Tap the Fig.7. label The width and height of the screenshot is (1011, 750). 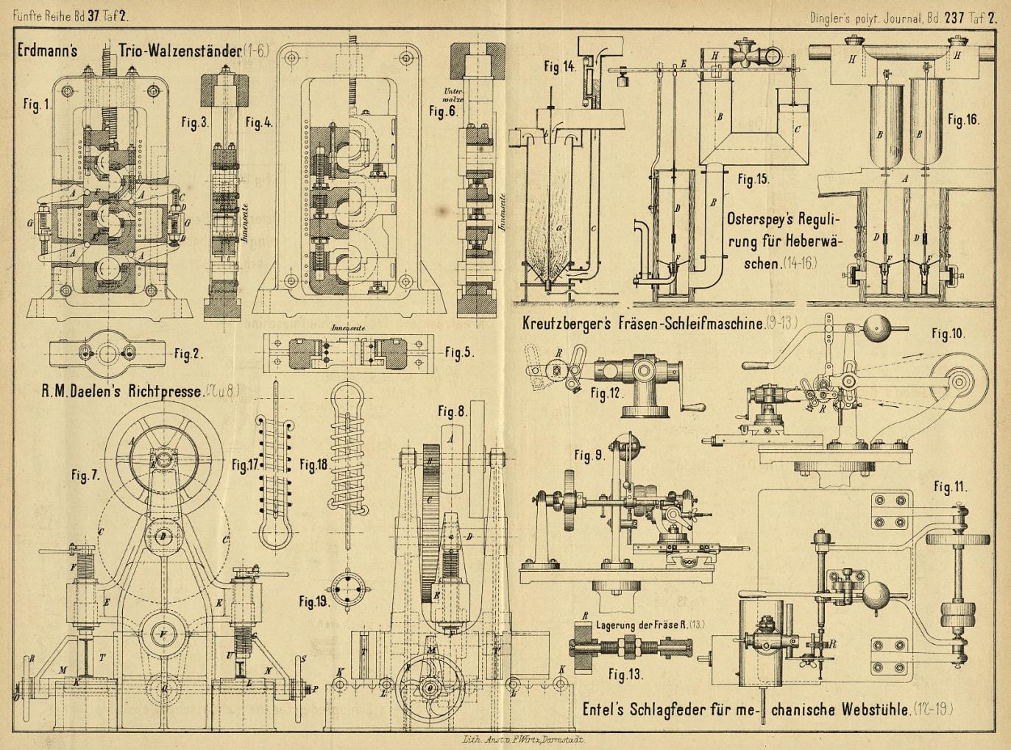85,475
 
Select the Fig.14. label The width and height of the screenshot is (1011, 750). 560,66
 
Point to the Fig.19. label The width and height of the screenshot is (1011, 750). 313,601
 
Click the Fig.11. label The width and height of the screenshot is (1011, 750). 951,487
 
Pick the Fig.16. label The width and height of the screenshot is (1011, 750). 964,119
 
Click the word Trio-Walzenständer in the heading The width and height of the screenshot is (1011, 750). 180,52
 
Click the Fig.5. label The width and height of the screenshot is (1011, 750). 459,353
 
